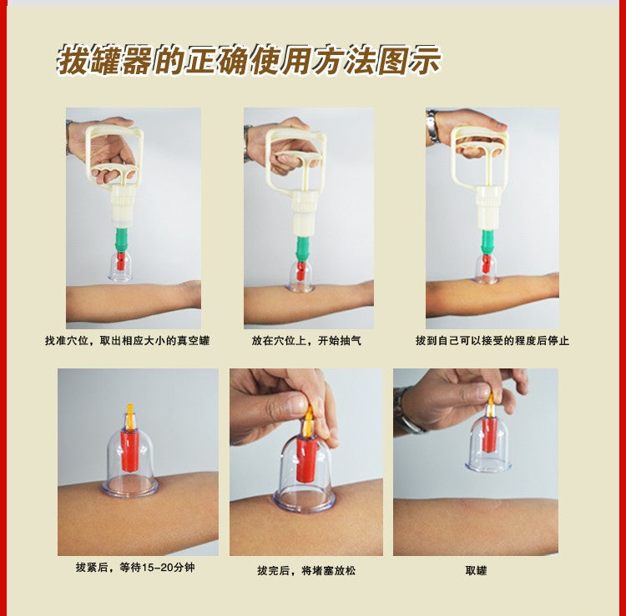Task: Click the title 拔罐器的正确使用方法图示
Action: tap(249, 61)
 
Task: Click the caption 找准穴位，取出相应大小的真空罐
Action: tap(128, 341)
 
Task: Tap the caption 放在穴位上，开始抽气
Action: tap(306, 341)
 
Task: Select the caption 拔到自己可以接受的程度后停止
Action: tap(492, 341)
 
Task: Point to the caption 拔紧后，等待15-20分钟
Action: tap(135, 568)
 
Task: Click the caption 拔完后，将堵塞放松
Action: tap(305, 571)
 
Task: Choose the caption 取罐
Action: tap(476, 571)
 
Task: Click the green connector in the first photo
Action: tap(122, 239)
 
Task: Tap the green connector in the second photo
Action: tap(303, 247)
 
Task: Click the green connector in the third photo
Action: tap(486, 242)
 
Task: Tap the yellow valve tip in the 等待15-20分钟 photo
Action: tap(129, 413)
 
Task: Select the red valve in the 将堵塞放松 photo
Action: tap(307, 459)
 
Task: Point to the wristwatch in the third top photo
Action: tap(432, 126)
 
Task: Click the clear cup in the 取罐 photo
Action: tap(489, 446)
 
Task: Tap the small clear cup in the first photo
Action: tap(120, 267)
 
